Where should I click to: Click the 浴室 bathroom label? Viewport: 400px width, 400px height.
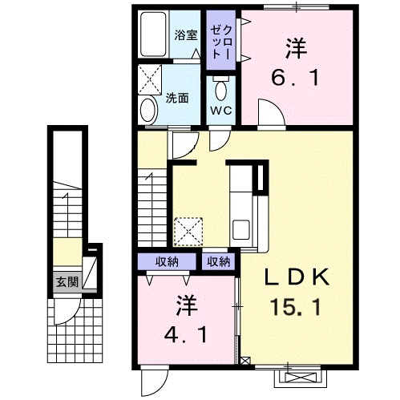(x=186, y=35)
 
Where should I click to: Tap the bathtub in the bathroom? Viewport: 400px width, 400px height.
(x=153, y=34)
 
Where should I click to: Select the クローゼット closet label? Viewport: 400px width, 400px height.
(x=221, y=42)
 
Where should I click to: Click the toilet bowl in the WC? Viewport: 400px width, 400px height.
(x=221, y=89)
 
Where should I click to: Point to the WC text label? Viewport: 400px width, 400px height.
(x=221, y=111)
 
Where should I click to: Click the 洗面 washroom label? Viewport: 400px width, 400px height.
(x=177, y=98)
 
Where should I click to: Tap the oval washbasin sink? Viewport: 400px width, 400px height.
(x=148, y=110)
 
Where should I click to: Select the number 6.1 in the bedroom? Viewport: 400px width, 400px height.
(x=295, y=78)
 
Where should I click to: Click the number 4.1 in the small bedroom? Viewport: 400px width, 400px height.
(x=185, y=335)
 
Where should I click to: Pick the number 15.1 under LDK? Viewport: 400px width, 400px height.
(x=295, y=307)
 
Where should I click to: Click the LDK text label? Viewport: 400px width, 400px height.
(x=296, y=277)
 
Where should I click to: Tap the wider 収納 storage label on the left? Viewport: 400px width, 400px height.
(x=167, y=262)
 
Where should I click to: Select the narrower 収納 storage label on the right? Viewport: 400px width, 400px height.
(x=219, y=262)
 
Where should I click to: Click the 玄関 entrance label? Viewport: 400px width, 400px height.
(x=67, y=281)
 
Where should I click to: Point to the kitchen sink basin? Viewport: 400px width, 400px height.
(x=241, y=230)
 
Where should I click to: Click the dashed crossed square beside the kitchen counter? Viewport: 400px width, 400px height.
(x=188, y=232)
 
